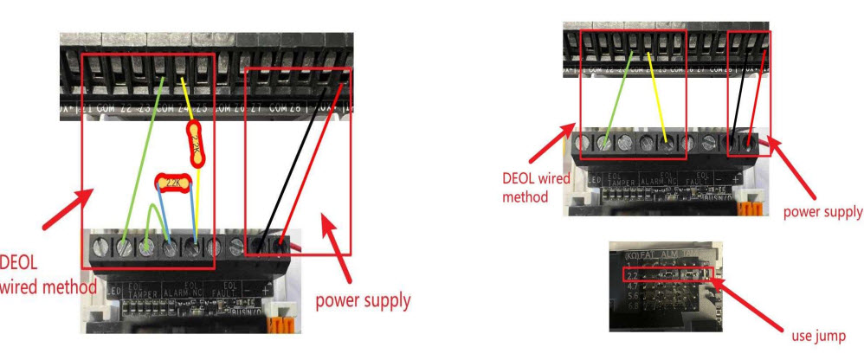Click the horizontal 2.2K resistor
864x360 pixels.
click(171, 183)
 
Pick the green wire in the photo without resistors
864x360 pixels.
click(622, 95)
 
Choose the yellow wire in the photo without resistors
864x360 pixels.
click(656, 95)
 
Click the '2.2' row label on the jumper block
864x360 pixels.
click(631, 274)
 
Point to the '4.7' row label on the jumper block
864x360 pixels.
click(631, 285)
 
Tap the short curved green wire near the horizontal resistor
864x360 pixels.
click(152, 228)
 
